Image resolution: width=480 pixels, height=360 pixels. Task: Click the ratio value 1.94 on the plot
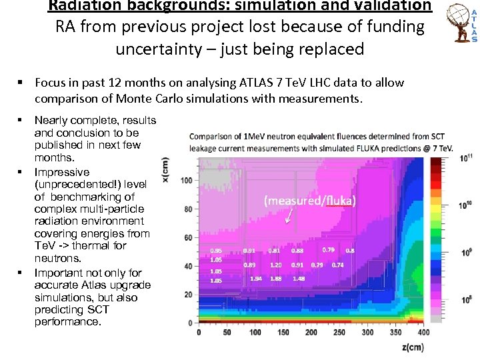(x=255, y=279)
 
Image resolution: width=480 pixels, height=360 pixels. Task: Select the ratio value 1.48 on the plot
(x=299, y=279)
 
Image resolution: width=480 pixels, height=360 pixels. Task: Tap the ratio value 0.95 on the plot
(x=216, y=251)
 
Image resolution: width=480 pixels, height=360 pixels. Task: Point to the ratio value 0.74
(x=337, y=265)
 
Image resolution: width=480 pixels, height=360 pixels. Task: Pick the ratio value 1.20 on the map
(x=276, y=265)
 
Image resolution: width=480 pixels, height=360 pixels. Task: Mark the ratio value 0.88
(x=297, y=251)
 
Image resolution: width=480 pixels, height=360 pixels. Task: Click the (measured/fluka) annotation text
(x=309, y=200)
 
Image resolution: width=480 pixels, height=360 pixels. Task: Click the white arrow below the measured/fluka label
(x=289, y=215)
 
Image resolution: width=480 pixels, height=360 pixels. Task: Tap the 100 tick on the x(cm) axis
(x=187, y=181)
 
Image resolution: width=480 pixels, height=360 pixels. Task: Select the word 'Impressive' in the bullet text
(x=61, y=172)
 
